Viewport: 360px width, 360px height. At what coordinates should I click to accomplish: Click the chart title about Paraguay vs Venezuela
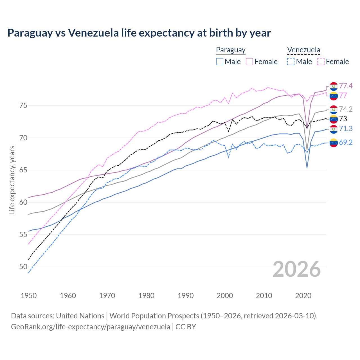pyautogui.click(x=139, y=33)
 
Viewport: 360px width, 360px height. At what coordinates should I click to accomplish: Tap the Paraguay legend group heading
pyautogui.click(x=231, y=50)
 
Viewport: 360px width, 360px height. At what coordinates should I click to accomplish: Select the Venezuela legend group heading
pyautogui.click(x=303, y=50)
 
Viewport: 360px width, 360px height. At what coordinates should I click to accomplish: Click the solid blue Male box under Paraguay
pyautogui.click(x=220, y=62)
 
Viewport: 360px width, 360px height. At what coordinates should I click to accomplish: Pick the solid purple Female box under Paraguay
pyautogui.click(x=250, y=62)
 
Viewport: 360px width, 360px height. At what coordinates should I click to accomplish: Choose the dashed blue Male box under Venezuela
pyautogui.click(x=291, y=62)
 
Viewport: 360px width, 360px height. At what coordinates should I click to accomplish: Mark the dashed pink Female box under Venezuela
pyautogui.click(x=321, y=62)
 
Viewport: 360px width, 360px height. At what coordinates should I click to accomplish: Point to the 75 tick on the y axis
pyautogui.click(x=23, y=106)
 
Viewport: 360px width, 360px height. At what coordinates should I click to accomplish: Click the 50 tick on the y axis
pyautogui.click(x=23, y=267)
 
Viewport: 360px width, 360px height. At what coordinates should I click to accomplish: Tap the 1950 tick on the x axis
pyautogui.click(x=29, y=296)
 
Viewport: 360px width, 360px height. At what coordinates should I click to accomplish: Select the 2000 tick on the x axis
pyautogui.click(x=225, y=296)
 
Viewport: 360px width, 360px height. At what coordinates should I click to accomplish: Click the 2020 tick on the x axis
pyautogui.click(x=303, y=296)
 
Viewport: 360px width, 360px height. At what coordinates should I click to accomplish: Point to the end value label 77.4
pyautogui.click(x=346, y=86)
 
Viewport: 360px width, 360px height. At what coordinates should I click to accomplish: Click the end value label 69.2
pyautogui.click(x=346, y=143)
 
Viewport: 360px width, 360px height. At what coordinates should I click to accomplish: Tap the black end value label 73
pyautogui.click(x=343, y=119)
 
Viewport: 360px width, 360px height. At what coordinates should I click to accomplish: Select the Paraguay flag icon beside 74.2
pyautogui.click(x=334, y=109)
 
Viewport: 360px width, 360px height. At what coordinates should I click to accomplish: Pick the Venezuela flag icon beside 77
pyautogui.click(x=334, y=96)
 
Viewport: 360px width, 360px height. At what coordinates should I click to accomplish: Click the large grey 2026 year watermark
pyautogui.click(x=297, y=269)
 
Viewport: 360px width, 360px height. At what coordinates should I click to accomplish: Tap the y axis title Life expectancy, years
pyautogui.click(x=12, y=180)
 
